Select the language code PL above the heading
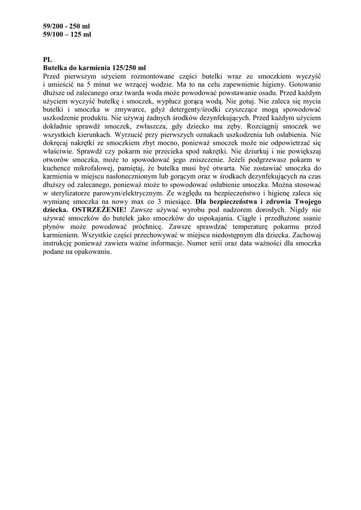coord(48,59)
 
